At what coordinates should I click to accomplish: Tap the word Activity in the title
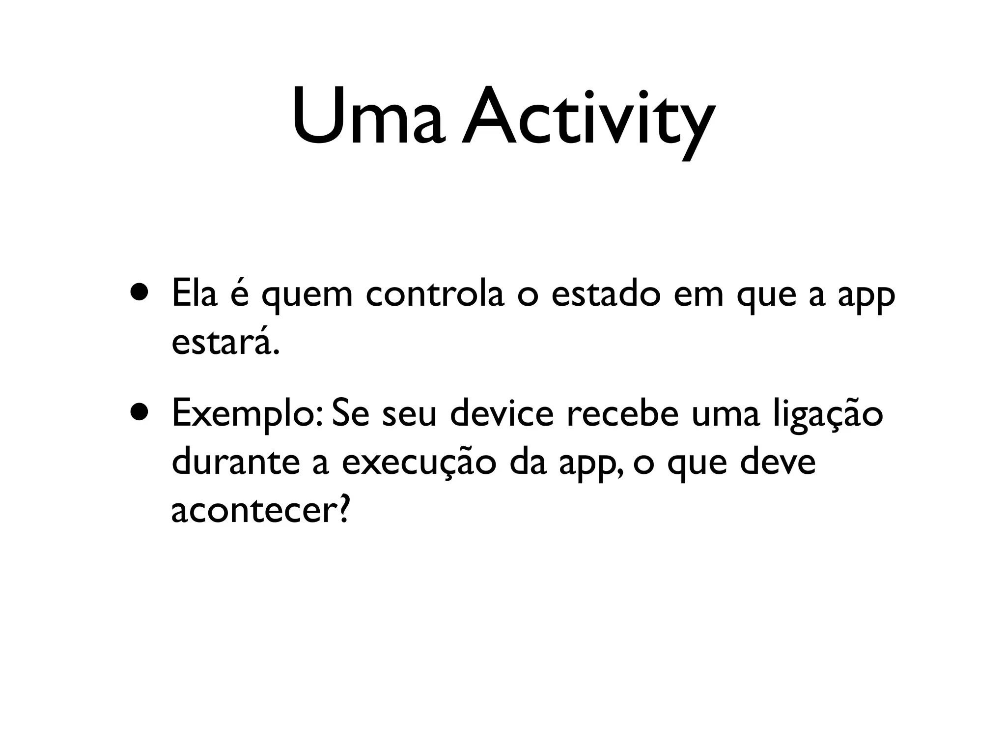point(587,120)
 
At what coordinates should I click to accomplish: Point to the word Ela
point(194,293)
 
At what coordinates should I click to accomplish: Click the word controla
point(435,293)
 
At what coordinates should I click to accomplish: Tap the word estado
point(606,293)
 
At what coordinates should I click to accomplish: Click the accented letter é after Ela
point(239,293)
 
